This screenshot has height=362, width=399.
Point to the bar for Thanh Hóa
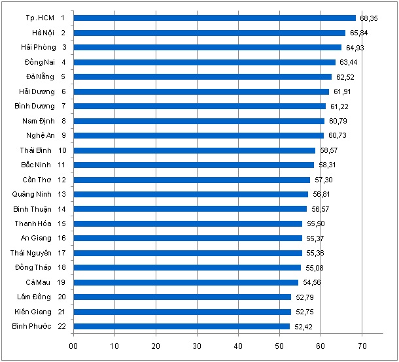(x=188, y=223)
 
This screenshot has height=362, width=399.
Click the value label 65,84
(x=357, y=33)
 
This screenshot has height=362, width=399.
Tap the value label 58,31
(x=327, y=165)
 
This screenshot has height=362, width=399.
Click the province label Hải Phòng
(x=38, y=47)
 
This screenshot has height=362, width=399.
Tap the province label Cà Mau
(x=39, y=282)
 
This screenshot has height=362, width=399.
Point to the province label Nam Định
(x=37, y=121)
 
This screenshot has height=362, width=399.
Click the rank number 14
(x=61, y=209)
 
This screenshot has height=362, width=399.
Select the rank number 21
(x=61, y=312)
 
